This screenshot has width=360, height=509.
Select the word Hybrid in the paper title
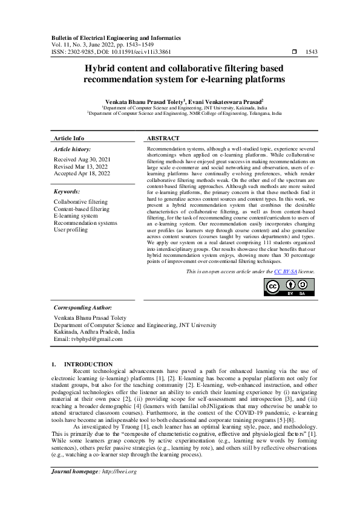[102, 69]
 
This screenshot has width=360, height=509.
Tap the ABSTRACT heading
[163, 138]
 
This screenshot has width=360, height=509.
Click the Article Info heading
[69, 138]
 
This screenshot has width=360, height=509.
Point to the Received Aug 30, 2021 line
[82, 159]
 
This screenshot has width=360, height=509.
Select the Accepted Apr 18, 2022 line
[82, 173]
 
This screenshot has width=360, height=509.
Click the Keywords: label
[67, 191]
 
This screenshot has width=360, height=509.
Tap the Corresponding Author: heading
[83, 308]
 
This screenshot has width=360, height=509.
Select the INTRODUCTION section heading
[88, 364]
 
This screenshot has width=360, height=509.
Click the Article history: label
[73, 149]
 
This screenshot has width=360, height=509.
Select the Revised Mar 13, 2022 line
[81, 166]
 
